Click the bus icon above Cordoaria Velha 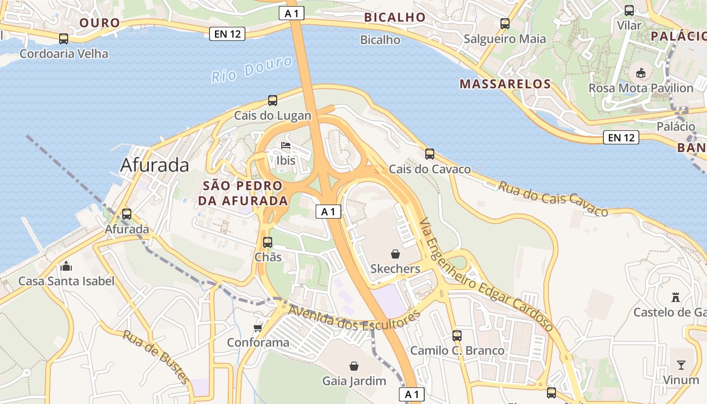tap(64, 39)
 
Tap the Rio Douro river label tap(251, 70)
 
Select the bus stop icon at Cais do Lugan tap(273, 100)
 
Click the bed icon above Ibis tap(286, 146)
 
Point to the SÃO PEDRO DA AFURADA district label tap(243, 193)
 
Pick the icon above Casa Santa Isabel tap(66, 266)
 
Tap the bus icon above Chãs tap(268, 242)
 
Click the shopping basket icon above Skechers tap(395, 254)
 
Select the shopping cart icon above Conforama tap(258, 328)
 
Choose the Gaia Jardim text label tap(355, 381)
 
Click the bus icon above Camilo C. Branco tap(457, 335)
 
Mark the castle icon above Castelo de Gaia tap(676, 297)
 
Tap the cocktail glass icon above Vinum tap(681, 365)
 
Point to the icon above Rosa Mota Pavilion tap(641, 73)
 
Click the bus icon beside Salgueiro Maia tap(505, 23)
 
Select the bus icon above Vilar tap(629, 10)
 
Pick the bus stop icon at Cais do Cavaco tap(430, 154)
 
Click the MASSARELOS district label tap(505, 84)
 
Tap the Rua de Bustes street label tap(156, 357)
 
